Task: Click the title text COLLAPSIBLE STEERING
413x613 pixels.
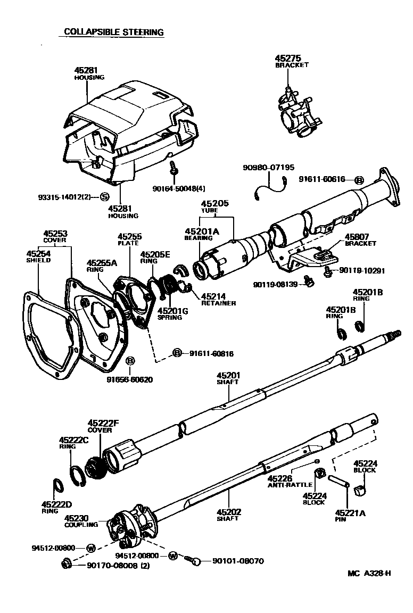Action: click(113, 32)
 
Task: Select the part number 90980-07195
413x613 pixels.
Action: click(268, 167)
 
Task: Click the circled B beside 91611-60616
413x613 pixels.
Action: click(359, 180)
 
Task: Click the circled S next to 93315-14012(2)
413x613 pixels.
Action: click(104, 197)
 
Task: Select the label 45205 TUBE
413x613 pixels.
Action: click(214, 206)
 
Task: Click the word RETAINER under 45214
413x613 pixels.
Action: click(218, 303)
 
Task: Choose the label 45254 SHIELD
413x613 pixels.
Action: click(38, 257)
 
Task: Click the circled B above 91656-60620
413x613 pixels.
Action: click(130, 362)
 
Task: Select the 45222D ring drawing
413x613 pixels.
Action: click(57, 486)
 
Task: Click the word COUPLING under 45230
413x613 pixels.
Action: click(81, 525)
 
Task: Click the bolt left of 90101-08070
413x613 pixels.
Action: click(194, 560)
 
